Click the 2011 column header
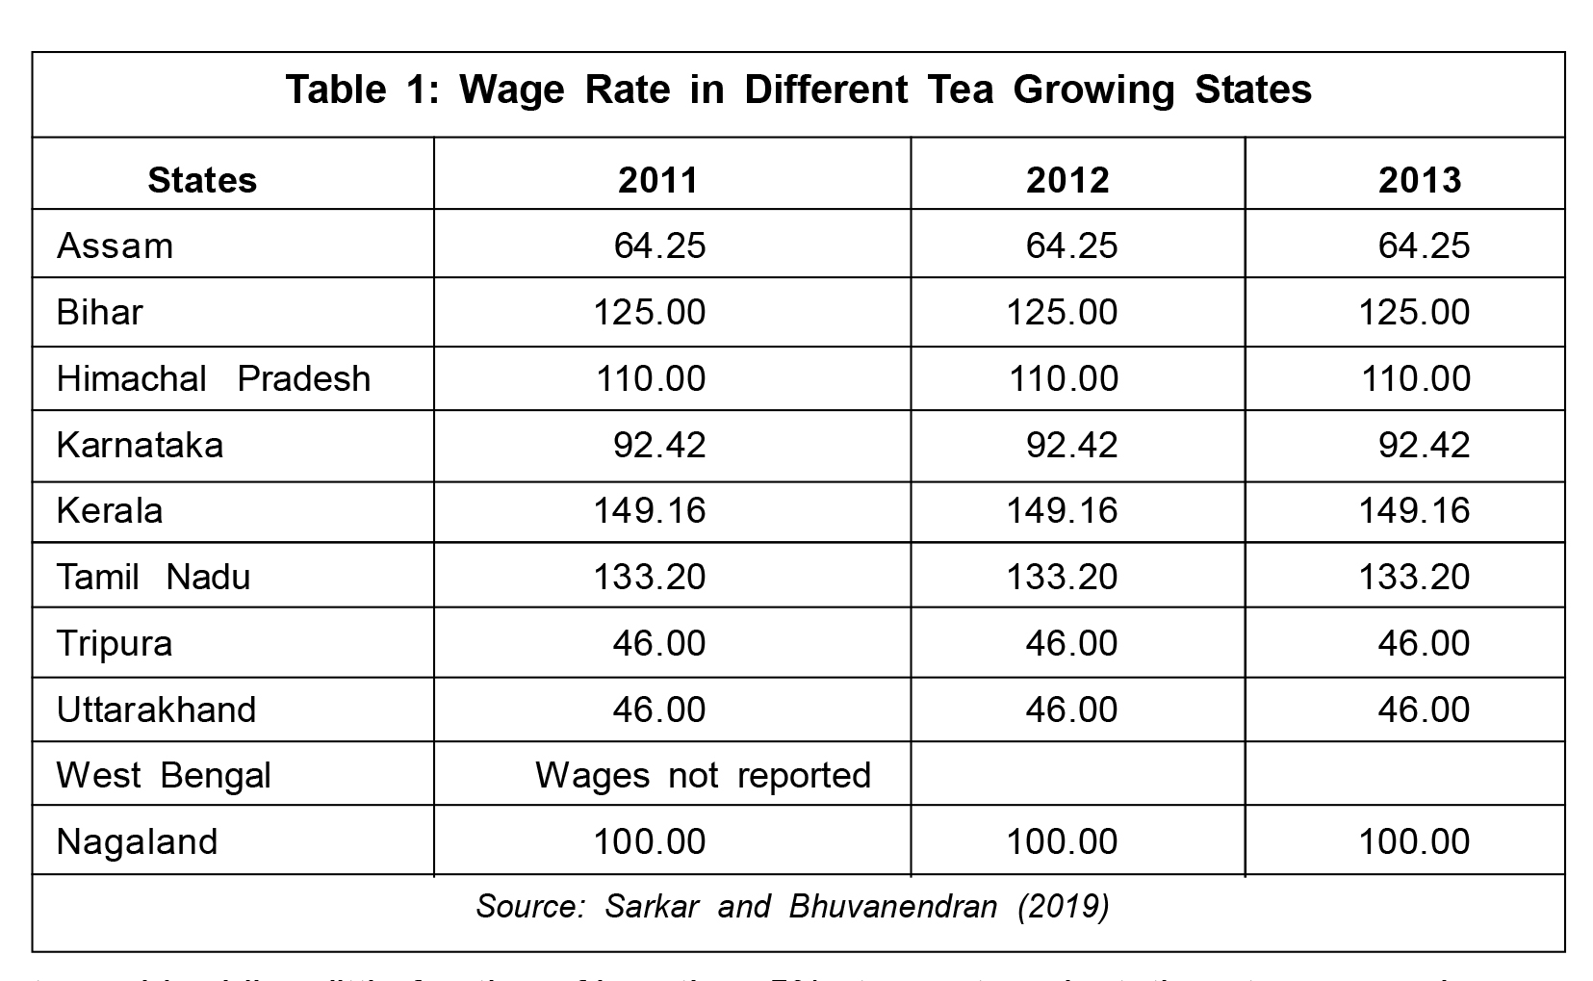[658, 180]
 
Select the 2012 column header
[1067, 180]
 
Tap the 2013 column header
[1420, 180]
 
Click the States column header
[202, 180]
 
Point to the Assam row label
[115, 245]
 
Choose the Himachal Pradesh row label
[214, 378]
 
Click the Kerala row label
[110, 510]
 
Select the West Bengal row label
[164, 775]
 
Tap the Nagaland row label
[138, 841]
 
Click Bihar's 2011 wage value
[650, 312]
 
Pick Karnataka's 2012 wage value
[1071, 445]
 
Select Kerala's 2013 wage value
[1414, 510]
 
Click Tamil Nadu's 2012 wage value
[1062, 577]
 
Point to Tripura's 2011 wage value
[659, 643]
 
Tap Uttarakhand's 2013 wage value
[1424, 710]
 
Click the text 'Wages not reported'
[703, 775]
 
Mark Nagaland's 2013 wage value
[1414, 841]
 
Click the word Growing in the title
[1093, 90]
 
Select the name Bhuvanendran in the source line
[892, 907]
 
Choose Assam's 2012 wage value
[1071, 245]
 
